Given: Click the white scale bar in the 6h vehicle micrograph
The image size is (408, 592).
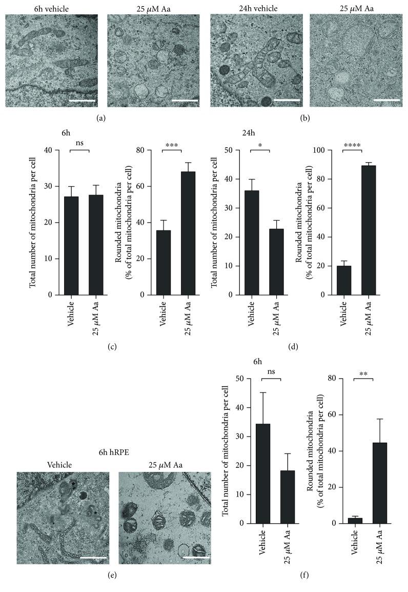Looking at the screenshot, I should tap(82, 101).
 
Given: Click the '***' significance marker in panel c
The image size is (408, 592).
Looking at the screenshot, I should tap(172, 145).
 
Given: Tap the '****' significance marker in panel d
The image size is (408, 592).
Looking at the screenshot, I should tap(352, 145).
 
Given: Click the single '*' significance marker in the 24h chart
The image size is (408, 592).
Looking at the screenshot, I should tap(260, 145).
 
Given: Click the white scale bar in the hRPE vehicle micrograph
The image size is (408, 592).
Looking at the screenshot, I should tap(92, 556).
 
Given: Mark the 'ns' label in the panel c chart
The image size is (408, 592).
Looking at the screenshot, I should tap(79, 145).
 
